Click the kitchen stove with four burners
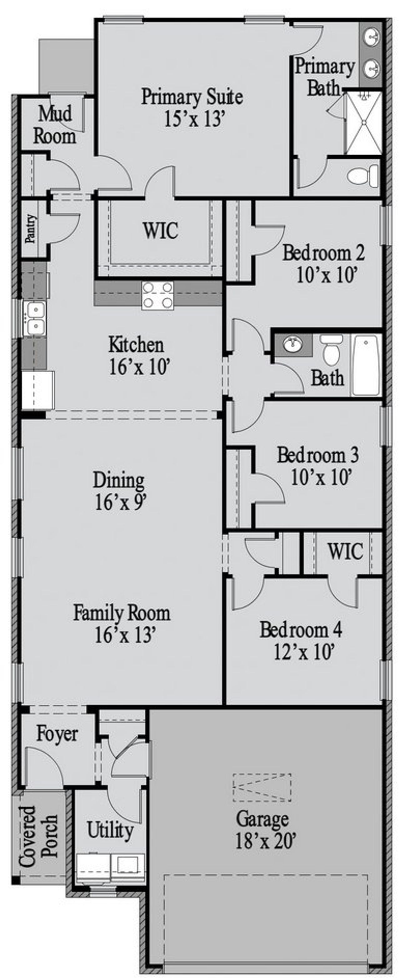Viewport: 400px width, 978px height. coord(158,296)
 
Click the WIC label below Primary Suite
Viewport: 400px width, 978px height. coord(160,230)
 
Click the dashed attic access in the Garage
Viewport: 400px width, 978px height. coord(262,788)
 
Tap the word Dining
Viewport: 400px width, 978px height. coord(119,480)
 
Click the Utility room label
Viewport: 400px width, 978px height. coord(110,830)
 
